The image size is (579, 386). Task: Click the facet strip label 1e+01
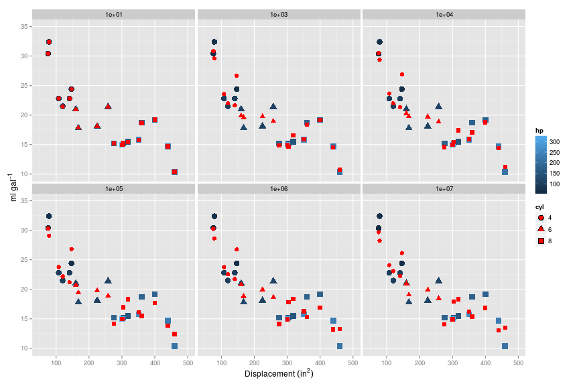pyautogui.click(x=113, y=14)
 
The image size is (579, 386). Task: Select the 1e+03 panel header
pyautogui.click(x=279, y=14)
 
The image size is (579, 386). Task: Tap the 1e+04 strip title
pyautogui.click(x=444, y=14)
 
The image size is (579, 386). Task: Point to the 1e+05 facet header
pyautogui.click(x=113, y=189)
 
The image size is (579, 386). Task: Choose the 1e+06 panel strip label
pyautogui.click(x=279, y=189)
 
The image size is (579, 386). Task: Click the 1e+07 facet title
pyautogui.click(x=444, y=189)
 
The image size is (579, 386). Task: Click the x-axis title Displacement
pyautogui.click(x=279, y=374)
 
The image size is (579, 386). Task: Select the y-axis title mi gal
pyautogui.click(x=11, y=186)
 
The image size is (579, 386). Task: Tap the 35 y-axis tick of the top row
pyautogui.click(x=23, y=26)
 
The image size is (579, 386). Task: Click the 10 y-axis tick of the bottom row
pyautogui.click(x=23, y=348)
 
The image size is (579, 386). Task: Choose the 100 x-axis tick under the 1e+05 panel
pyautogui.click(x=56, y=363)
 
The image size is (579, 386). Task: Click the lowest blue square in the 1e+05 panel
pyautogui.click(x=174, y=346)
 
